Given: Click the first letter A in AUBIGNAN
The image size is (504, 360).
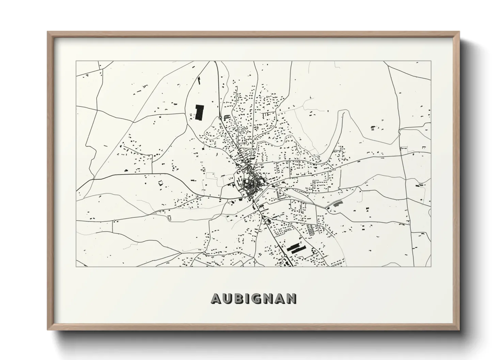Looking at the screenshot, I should [217, 298].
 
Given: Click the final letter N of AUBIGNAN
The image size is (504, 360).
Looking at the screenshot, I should [292, 298].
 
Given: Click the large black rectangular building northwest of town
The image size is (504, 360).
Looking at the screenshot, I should [199, 112].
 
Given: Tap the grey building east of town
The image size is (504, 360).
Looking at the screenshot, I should [337, 203].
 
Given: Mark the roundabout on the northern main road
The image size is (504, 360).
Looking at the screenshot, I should [220, 117].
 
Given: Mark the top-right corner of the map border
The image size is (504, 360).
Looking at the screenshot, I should [431, 61].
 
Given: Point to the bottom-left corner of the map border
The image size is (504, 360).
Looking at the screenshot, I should [76, 266].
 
